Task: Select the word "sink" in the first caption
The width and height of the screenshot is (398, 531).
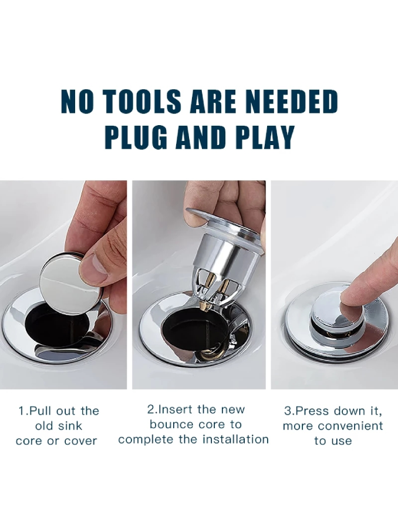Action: [70, 426]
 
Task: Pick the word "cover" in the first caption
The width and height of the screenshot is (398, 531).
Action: [80, 441]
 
